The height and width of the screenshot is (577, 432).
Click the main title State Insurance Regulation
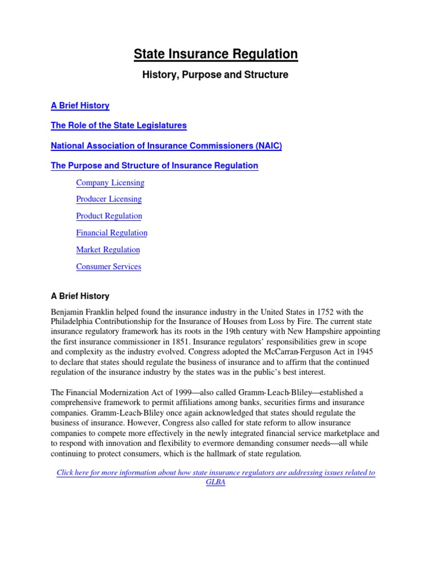click(215, 54)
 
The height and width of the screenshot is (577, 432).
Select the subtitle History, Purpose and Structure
click(215, 75)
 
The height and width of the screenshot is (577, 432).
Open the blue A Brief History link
click(80, 105)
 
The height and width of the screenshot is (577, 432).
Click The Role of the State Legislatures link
click(119, 126)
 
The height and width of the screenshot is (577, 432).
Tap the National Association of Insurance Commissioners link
click(166, 146)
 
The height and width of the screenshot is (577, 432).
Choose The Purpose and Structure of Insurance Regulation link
click(154, 166)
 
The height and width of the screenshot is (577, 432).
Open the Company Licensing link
click(110, 183)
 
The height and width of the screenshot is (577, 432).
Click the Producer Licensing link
click(109, 199)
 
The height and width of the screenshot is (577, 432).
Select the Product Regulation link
click(109, 216)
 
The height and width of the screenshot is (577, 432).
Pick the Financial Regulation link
click(111, 233)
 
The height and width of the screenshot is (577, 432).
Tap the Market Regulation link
click(108, 250)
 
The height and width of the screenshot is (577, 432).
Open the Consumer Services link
click(109, 267)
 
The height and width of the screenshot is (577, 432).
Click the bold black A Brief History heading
click(80, 296)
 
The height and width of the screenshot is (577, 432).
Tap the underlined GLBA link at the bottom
click(215, 483)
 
